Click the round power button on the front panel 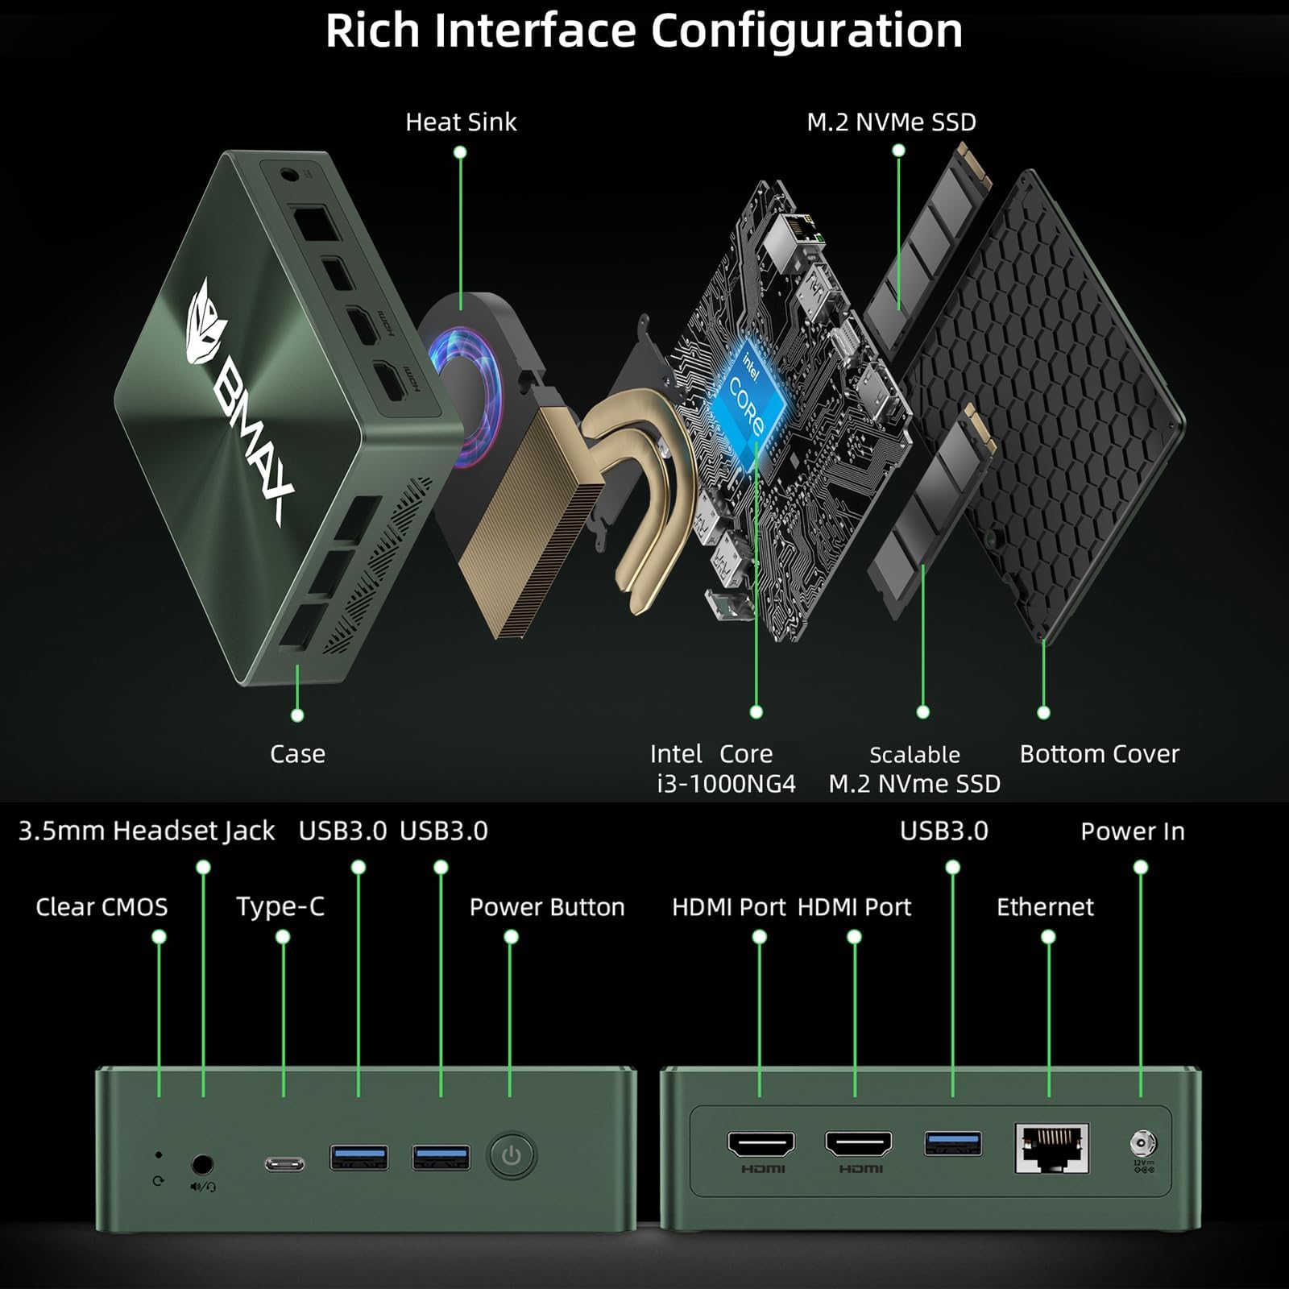[511, 1156]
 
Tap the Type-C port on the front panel [285, 1163]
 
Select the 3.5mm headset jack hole [202, 1164]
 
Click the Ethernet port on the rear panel [1051, 1148]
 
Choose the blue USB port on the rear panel [953, 1143]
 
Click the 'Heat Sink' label [461, 122]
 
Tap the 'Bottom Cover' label [1099, 754]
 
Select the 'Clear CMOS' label [102, 907]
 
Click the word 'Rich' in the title [372, 31]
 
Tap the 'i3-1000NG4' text [726, 783]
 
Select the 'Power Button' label [547, 907]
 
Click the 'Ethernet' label [1045, 907]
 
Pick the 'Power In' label [1133, 831]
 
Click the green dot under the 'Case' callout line [297, 715]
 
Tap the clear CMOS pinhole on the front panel [159, 1155]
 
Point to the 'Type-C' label [280, 907]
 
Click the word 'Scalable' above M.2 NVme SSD [914, 755]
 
